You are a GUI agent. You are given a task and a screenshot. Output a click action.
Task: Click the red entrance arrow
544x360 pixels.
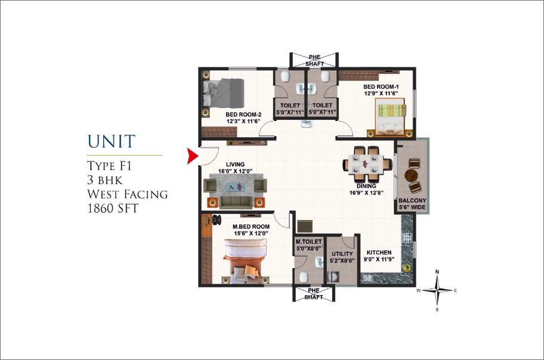tap(192, 156)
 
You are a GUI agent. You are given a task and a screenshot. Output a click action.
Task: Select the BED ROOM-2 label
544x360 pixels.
tap(243, 114)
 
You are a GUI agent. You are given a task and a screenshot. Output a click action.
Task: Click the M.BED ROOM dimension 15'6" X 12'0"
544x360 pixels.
tap(251, 234)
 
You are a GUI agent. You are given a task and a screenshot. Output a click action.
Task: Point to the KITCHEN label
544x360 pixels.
tap(379, 253)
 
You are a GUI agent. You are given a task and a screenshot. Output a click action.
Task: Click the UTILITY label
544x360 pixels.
tap(342, 254)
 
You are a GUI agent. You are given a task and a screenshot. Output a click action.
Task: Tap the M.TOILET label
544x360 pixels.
tap(309, 241)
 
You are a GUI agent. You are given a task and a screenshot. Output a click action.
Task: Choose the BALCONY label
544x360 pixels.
tap(412, 200)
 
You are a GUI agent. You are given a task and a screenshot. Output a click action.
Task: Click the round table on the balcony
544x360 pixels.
tap(412, 175)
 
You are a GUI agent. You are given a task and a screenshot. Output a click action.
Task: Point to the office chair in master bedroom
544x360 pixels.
tap(217, 220)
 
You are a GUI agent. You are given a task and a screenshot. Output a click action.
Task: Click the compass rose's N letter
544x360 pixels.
tap(437, 272)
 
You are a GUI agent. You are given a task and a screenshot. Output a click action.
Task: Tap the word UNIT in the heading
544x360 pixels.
tap(111, 141)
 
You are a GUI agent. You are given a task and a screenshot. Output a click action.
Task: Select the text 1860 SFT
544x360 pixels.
tap(113, 208)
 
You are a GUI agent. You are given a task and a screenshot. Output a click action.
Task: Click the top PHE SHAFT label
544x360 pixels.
tap(314, 60)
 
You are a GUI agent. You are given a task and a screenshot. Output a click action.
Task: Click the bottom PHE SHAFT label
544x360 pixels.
tap(314, 294)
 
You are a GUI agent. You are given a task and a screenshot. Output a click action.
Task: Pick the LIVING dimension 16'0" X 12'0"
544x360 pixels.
tap(235, 171)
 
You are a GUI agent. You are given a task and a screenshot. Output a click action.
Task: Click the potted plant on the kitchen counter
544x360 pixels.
tap(407, 268)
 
